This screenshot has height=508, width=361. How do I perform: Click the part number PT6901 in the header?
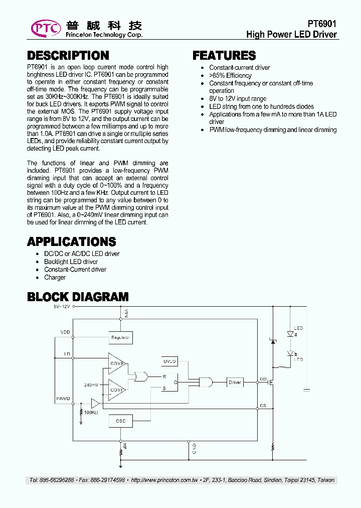(x=322, y=24)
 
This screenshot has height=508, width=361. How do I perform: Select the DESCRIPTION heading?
(x=68, y=55)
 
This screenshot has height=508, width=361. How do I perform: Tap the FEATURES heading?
(x=224, y=55)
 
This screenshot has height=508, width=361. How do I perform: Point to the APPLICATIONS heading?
(x=71, y=241)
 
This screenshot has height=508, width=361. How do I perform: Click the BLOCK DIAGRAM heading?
(x=78, y=297)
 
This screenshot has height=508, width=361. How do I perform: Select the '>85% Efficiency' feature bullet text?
(x=230, y=75)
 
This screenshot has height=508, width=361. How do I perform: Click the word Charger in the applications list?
(x=55, y=277)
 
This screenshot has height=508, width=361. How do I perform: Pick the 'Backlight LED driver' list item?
(x=71, y=262)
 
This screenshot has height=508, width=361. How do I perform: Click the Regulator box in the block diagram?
(x=120, y=338)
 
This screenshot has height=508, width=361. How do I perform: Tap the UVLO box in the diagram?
(x=170, y=361)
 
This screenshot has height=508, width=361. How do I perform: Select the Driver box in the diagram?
(x=235, y=383)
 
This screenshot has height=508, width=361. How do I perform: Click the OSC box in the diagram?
(x=120, y=421)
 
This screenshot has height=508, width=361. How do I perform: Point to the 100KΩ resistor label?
(x=91, y=413)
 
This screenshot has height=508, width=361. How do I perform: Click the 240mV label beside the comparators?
(x=91, y=385)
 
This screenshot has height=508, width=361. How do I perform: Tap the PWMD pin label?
(x=63, y=399)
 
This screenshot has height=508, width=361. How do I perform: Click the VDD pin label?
(x=65, y=332)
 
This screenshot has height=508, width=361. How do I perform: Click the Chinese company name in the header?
(x=104, y=25)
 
